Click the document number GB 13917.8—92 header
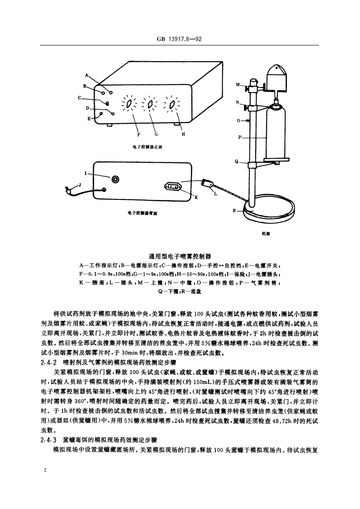179,39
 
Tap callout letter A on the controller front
87,76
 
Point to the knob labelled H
172,105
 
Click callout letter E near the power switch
89,118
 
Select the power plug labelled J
69,189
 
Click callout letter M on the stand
238,85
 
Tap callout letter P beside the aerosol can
240,137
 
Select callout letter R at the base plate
234,210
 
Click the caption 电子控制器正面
147,147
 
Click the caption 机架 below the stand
266,233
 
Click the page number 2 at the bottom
44,470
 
